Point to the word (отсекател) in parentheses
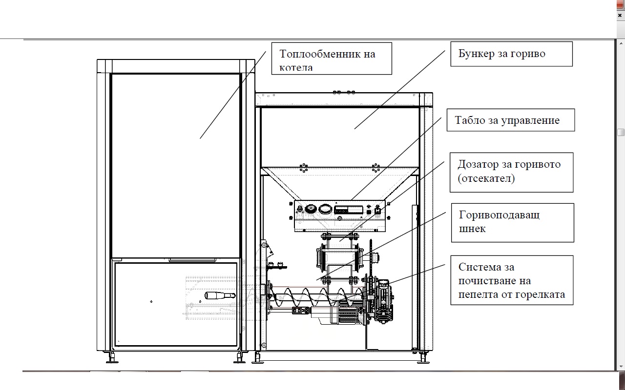coord(486,178)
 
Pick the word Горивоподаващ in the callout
coord(499,215)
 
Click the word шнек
coord(472,229)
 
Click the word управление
coord(530,120)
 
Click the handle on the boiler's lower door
coord(220,295)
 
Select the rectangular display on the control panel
coord(349,210)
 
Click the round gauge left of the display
coord(325,209)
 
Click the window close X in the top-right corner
coord(620,15)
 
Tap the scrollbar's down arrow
coord(621,367)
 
